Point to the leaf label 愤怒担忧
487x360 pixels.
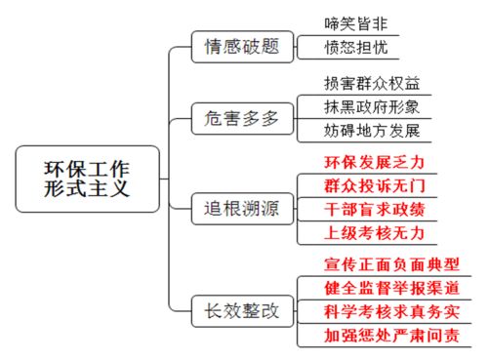(360, 47)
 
